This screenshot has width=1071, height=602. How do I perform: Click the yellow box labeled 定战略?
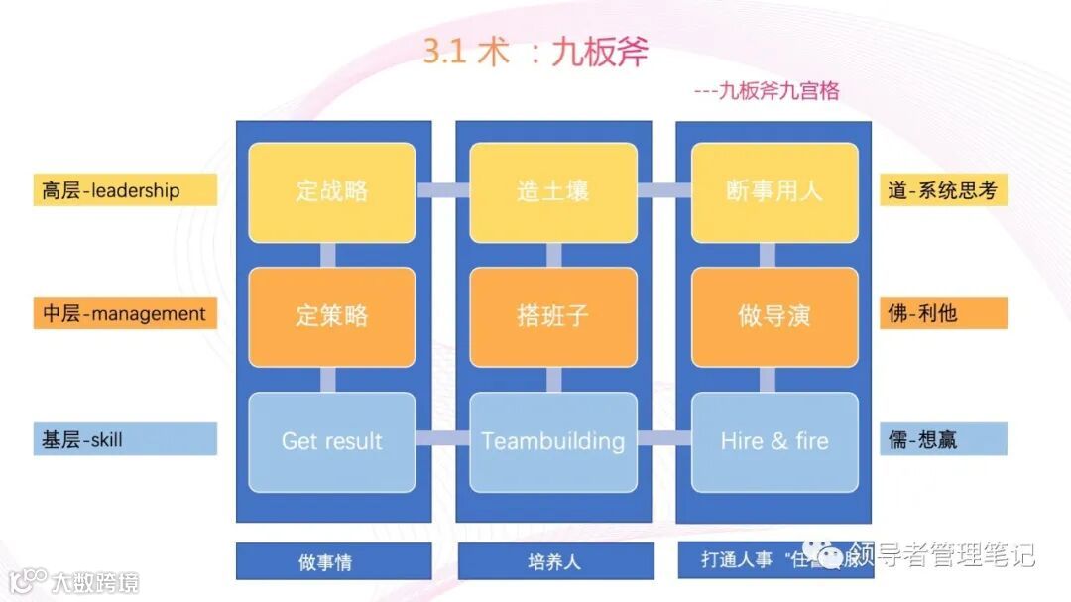(x=332, y=192)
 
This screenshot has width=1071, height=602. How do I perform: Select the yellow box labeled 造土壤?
(x=553, y=192)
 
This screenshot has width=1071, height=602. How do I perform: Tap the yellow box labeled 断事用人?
(x=774, y=192)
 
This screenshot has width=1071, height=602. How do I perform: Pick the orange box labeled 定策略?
(x=332, y=316)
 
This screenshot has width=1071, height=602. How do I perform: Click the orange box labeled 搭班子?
(x=553, y=316)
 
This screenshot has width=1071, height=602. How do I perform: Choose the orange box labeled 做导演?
(x=774, y=316)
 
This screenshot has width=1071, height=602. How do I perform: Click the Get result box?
(x=332, y=441)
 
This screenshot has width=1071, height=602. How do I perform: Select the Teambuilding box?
(x=553, y=441)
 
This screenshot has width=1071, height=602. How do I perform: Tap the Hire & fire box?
(x=774, y=441)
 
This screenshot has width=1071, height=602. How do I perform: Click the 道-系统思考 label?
(x=943, y=190)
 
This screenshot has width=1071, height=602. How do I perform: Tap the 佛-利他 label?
(x=943, y=314)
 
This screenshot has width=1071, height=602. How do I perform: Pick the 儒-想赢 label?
(x=943, y=439)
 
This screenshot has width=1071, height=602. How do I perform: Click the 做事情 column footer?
(x=333, y=561)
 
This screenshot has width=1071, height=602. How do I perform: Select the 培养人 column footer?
(x=554, y=561)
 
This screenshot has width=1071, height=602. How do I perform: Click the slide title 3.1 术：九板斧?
(x=535, y=53)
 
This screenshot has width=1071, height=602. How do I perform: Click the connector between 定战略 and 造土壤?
(x=442, y=190)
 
